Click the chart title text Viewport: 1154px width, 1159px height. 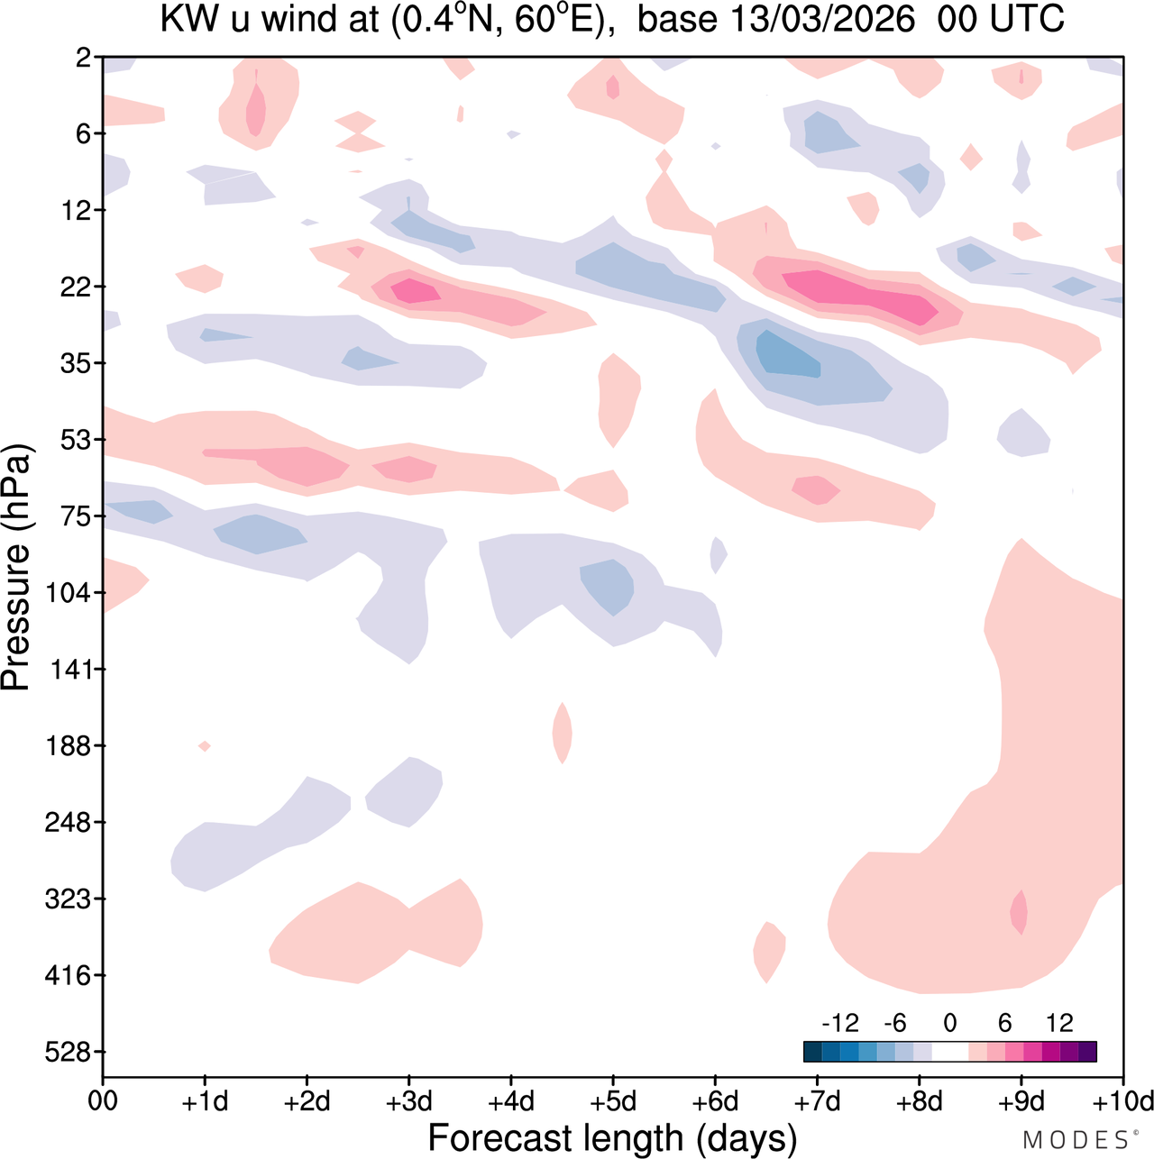tap(611, 19)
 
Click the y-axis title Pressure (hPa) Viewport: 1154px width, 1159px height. tap(17, 568)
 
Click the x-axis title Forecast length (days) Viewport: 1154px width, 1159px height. tap(612, 1137)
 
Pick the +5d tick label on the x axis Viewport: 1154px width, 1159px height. tap(613, 1101)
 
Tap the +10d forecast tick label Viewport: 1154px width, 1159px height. tap(1123, 1101)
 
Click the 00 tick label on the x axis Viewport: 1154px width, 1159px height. tap(103, 1101)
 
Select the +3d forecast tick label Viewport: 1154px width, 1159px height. tap(408, 1101)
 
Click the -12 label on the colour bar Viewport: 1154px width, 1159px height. tap(840, 1023)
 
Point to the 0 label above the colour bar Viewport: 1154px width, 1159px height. tap(949, 1023)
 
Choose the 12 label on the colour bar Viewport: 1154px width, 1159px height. tap(1059, 1023)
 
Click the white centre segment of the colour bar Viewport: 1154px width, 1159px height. tap(949, 1052)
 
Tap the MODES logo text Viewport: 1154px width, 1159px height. tap(1076, 1140)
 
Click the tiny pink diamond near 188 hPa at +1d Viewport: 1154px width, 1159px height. tap(205, 745)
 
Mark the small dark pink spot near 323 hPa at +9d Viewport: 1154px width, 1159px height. tap(1020, 912)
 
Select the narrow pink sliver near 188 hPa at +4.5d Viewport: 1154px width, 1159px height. tap(563, 733)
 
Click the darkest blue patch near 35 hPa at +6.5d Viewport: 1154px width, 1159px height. tap(787, 357)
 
